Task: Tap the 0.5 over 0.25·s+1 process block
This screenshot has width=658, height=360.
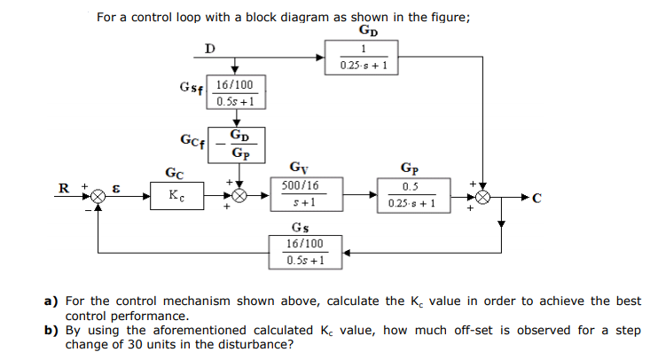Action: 411,195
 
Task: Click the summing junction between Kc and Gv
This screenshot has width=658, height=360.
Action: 238,195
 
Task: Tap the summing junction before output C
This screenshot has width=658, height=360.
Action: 482,195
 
